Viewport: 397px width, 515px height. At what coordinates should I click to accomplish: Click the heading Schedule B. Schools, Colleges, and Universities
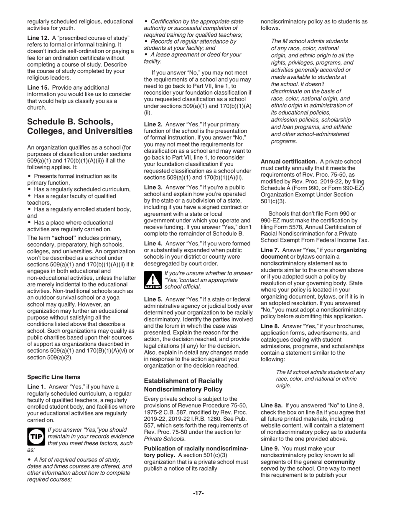point(79,126)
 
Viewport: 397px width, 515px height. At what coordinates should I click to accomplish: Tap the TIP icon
point(35,436)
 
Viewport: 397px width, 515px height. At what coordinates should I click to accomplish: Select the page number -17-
point(198,493)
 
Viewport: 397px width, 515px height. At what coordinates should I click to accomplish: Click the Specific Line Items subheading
point(53,377)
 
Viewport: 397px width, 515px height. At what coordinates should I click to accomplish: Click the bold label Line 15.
point(38,88)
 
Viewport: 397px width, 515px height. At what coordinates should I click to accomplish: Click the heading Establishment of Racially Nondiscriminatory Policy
point(183,385)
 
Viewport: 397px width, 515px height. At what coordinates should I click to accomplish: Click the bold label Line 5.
point(153,299)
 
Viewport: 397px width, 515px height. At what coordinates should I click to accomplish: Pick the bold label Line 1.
point(36,386)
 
